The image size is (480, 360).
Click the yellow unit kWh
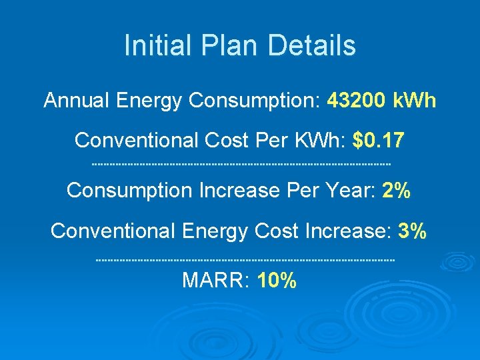(x=414, y=101)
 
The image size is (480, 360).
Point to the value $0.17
(x=379, y=141)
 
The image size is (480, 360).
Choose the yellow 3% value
(x=412, y=231)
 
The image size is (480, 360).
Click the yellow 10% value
(x=276, y=281)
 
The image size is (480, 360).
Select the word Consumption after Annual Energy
(x=256, y=101)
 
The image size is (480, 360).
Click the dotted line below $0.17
(x=240, y=164)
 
